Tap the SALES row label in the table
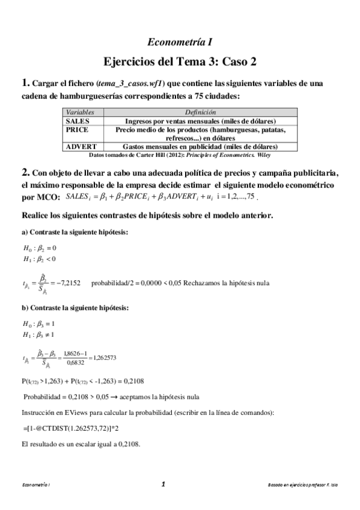76,121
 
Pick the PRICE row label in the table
77,129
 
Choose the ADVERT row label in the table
79,146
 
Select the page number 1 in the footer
163,483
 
